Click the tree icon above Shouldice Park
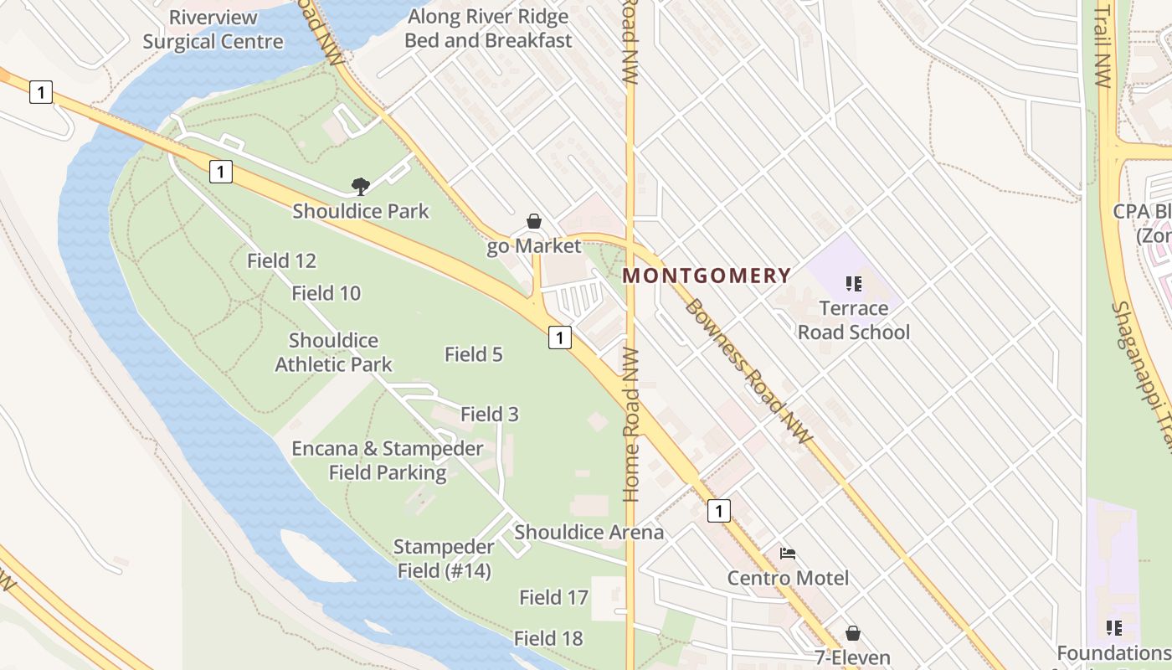pos(361,186)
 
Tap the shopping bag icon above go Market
pos(534,221)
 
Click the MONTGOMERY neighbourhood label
pos(707,276)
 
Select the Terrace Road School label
pos(853,320)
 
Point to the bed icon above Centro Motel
pos(788,554)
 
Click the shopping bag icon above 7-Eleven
pos(853,633)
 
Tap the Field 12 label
pos(281,260)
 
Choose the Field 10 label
pos(326,293)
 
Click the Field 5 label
pos(473,354)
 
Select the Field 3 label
pos(490,414)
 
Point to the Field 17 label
pos(553,597)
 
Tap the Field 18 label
pos(548,638)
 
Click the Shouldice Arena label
pos(589,532)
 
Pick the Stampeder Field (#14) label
pos(443,559)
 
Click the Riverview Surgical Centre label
pos(213,29)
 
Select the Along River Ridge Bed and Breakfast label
pos(488,28)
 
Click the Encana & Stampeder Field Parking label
pos(387,461)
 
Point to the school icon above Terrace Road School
pos(853,284)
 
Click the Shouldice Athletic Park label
pos(333,353)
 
